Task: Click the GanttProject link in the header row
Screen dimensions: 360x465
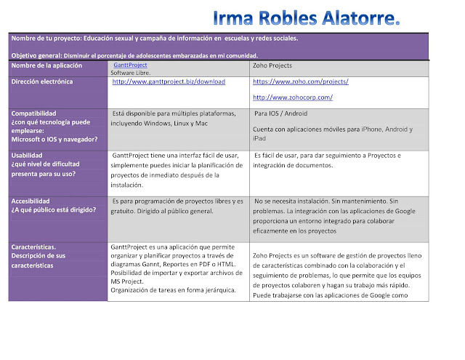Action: coord(130,65)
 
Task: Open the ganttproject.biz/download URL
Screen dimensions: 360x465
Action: coord(169,81)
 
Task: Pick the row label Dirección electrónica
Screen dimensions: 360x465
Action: coord(42,81)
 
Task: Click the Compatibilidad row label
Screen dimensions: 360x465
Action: coord(34,113)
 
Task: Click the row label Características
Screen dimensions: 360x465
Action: coord(34,247)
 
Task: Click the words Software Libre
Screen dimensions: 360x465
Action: coord(132,73)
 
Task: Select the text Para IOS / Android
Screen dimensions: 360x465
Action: coord(280,113)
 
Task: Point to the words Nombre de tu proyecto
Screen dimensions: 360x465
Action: coord(46,38)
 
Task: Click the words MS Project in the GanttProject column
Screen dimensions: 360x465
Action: coord(127,281)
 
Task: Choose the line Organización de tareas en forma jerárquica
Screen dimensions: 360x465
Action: coord(172,290)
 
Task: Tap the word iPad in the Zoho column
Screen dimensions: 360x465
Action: coord(259,138)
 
